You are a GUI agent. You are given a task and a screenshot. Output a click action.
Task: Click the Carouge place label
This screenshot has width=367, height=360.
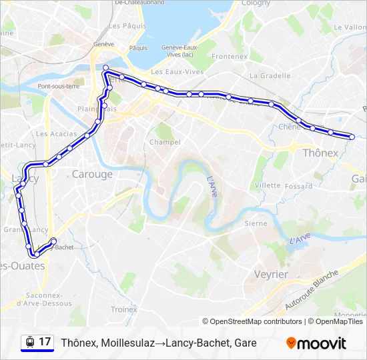92,174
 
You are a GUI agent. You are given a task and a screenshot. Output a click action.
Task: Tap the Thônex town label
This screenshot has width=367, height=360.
320,153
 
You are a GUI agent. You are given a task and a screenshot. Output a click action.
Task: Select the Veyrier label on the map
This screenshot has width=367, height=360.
271,274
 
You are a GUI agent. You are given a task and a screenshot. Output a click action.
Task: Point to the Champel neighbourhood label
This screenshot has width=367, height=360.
165,142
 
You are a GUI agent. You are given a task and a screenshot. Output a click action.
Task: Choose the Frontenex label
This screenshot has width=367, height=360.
230,57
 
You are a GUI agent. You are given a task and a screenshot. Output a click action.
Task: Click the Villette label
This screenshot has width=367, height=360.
268,185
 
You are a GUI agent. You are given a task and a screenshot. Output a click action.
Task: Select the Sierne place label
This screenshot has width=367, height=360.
256,223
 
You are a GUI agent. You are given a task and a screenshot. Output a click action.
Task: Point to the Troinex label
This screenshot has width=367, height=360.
123,309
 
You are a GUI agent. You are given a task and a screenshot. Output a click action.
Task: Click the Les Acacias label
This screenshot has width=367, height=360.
51,133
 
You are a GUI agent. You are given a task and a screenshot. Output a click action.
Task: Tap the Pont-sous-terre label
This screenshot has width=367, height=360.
59,86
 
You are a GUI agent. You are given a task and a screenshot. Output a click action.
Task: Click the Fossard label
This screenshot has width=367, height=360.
298,187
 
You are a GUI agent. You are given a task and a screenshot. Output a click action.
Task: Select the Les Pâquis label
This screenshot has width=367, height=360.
123,26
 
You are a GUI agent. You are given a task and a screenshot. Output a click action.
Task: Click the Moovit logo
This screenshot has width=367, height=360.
316,343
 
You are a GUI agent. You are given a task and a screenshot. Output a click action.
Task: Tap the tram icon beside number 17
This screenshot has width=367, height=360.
29,342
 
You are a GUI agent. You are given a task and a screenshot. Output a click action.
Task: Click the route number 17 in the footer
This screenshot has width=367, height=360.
45,342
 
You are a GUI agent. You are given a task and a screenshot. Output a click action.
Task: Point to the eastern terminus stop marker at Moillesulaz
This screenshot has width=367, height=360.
352,137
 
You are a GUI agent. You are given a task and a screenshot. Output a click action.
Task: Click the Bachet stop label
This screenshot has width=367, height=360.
64,247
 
